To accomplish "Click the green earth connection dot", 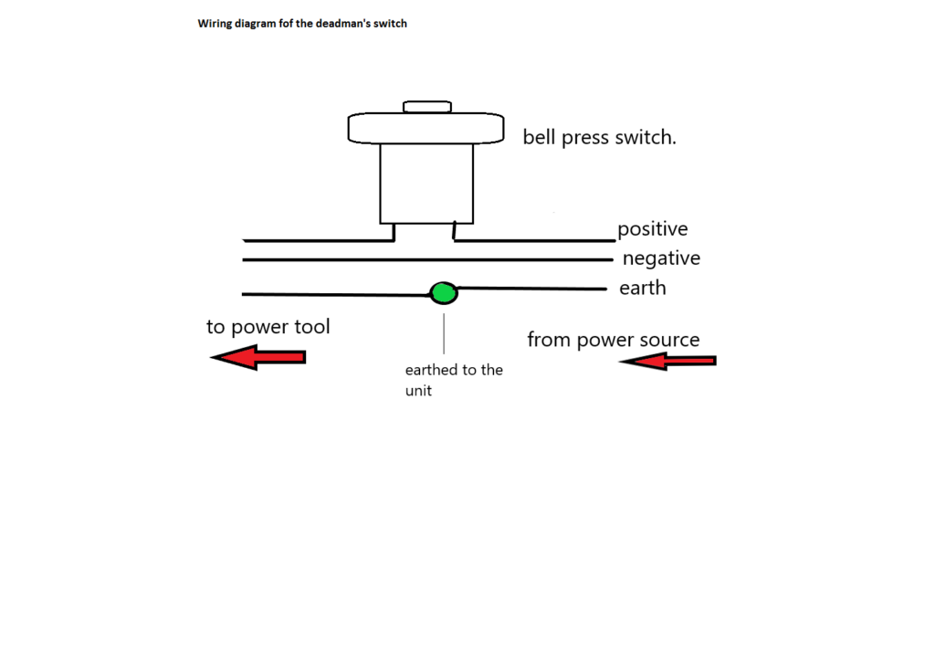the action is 444,293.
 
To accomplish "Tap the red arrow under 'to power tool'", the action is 258,357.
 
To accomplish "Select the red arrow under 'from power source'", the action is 667,361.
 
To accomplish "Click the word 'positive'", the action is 652,230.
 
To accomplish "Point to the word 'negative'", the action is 661,258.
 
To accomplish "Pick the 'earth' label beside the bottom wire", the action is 643,289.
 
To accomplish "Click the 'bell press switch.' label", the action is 599,137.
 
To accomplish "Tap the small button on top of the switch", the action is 427,107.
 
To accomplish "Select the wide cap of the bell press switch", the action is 425,128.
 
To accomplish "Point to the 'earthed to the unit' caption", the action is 454,380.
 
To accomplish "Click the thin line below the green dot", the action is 444,333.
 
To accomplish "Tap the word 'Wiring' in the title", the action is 215,24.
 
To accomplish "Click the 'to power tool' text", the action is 268,327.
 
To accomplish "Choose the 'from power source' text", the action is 613,340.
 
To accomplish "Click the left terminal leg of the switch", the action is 394,233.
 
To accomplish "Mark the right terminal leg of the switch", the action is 455,231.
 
